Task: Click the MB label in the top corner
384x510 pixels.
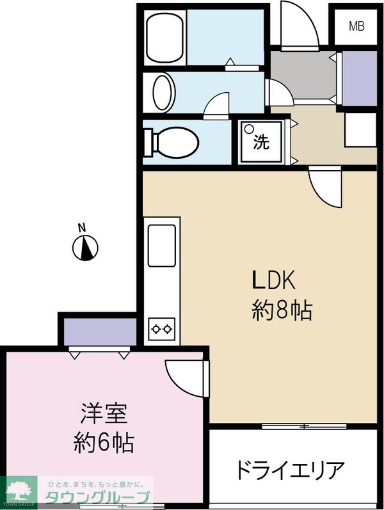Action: click(356, 26)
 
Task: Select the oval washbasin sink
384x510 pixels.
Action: click(164, 93)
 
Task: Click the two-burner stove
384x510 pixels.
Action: click(161, 329)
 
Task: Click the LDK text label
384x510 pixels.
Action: click(275, 280)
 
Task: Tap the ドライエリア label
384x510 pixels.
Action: click(291, 471)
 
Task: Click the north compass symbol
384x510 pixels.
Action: click(86, 248)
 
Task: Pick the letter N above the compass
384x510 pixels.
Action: click(81, 227)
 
